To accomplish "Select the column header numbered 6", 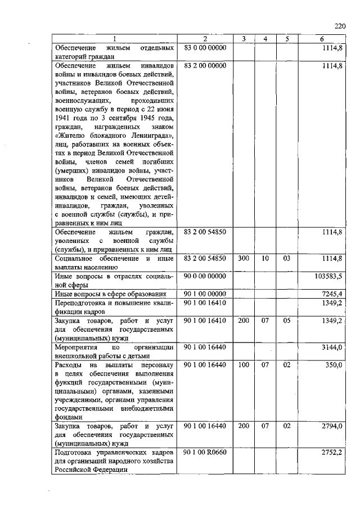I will (322, 39).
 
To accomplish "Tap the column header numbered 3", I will (244, 39).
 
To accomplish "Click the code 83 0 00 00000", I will (205, 48).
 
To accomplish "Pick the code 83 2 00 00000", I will (205, 65).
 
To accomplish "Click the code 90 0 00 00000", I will (205, 276).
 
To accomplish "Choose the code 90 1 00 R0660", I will (205, 452).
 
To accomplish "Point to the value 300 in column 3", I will (244, 259).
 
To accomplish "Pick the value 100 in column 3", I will (244, 364).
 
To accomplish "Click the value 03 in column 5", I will (286, 259).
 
